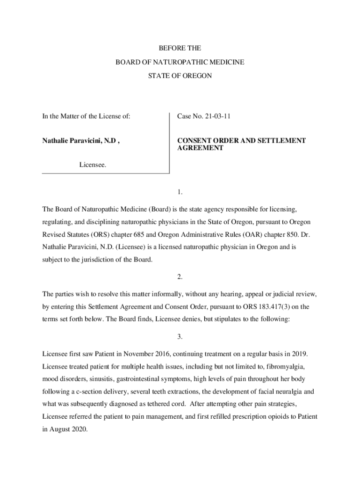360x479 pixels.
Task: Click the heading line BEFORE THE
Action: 180,48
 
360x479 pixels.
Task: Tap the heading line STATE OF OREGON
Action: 180,75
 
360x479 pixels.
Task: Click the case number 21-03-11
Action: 217,116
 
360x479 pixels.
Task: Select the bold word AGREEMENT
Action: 200,148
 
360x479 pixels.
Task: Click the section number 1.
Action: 180,192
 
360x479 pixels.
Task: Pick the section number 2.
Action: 180,277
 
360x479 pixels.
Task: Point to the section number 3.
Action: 180,336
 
